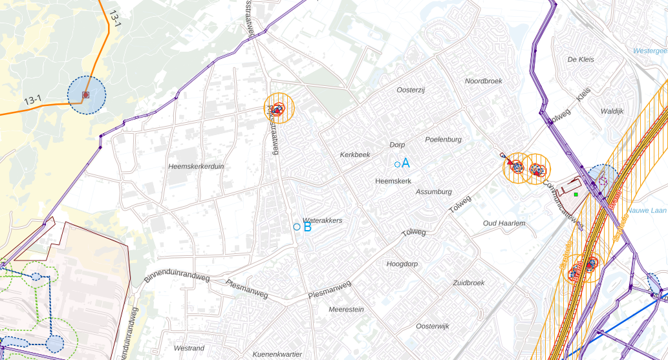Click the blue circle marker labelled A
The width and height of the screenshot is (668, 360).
click(397, 165)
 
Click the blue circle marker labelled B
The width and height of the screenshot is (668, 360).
click(297, 227)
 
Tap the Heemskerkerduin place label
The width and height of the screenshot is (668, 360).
click(196, 166)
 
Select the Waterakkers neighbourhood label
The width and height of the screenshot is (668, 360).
click(322, 220)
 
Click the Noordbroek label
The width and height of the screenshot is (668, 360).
click(483, 81)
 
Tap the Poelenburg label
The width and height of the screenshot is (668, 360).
click(443, 140)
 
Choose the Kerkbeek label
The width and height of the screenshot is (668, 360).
click(355, 155)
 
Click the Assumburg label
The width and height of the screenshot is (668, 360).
click(433, 192)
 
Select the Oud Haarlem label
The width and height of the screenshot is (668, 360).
click(504, 224)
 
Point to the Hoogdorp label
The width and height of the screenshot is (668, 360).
click(402, 264)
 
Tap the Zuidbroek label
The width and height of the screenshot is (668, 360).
click(468, 283)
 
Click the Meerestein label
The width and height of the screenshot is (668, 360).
click(346, 310)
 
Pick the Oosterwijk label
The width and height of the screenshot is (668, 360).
click(433, 326)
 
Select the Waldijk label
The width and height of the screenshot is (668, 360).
click(612, 111)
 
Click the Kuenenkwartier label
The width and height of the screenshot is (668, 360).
click(277, 354)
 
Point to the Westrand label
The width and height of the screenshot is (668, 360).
click(189, 348)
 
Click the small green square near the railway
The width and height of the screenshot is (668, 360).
click(575, 194)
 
